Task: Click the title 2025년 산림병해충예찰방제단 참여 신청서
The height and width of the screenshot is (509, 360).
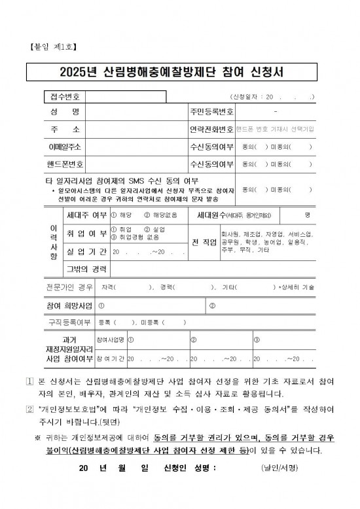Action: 179,71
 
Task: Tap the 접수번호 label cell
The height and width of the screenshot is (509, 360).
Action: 63,97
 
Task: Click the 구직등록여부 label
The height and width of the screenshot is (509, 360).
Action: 69,322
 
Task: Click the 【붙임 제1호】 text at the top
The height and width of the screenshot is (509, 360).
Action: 54,46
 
